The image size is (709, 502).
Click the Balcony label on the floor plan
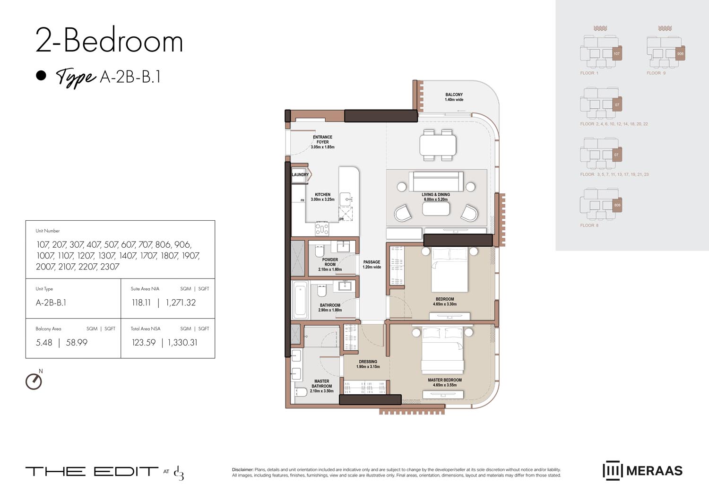(x=454, y=97)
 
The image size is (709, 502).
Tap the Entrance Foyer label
(x=322, y=142)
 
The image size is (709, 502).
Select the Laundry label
(x=300, y=174)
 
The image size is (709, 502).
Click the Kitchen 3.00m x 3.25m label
(x=322, y=197)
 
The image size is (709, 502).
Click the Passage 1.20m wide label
(x=372, y=264)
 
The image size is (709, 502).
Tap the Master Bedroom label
(x=444, y=382)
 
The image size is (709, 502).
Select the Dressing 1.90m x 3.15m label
(x=368, y=364)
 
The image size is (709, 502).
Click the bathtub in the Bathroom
(x=300, y=300)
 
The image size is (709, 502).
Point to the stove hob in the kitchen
(x=322, y=229)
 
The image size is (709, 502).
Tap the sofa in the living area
(x=436, y=182)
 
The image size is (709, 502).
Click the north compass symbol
(x=34, y=381)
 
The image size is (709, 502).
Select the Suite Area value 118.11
(x=141, y=303)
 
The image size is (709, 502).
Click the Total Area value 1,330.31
(x=182, y=343)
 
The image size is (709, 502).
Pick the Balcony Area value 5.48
(x=44, y=343)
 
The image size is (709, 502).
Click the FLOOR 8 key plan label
(x=589, y=225)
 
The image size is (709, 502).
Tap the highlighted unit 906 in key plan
(x=680, y=53)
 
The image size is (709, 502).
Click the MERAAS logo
(x=642, y=470)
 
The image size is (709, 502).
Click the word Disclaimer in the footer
(x=242, y=470)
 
